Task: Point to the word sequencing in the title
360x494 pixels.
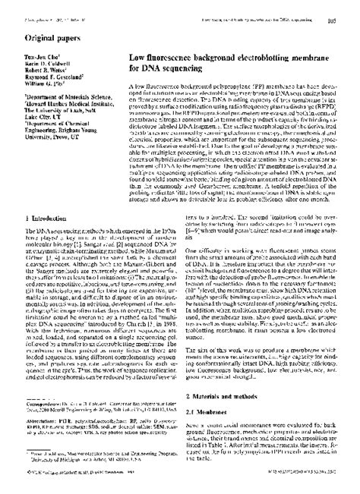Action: click(171, 68)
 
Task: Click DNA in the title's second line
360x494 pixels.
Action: click(147, 68)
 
